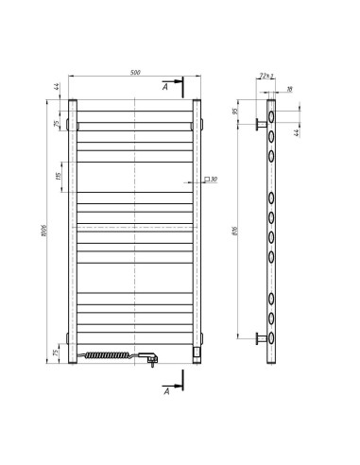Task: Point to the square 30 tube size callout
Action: pyautogui.click(x=210, y=180)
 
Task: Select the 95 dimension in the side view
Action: pyautogui.click(x=236, y=111)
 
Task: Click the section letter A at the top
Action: pyautogui.click(x=167, y=87)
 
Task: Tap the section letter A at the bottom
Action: pyautogui.click(x=167, y=388)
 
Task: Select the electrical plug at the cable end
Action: pyautogui.click(x=150, y=356)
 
